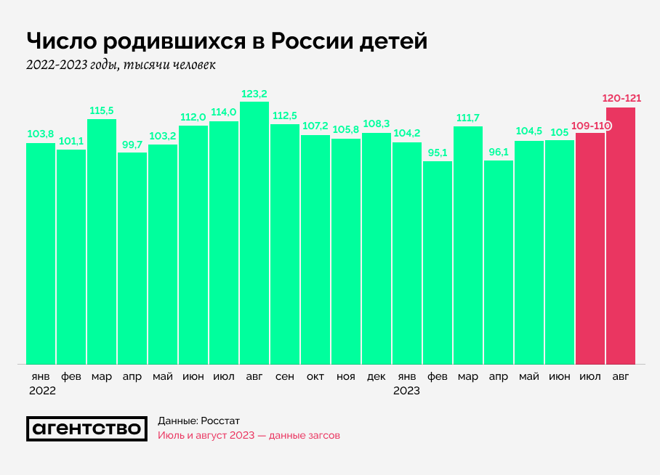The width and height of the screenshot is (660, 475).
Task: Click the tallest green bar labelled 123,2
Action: [254, 232]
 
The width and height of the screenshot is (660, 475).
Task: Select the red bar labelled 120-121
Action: [621, 236]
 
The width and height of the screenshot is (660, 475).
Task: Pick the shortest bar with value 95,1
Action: [438, 261]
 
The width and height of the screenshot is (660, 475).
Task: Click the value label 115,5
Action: [102, 110]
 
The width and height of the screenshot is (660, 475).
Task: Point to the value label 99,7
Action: [132, 145]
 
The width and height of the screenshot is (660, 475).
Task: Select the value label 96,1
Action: [499, 153]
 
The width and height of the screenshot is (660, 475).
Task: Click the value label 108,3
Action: [377, 124]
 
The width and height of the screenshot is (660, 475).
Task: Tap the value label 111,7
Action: [468, 118]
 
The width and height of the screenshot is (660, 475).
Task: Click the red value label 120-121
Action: [621, 98]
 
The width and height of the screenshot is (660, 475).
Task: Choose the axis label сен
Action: [285, 376]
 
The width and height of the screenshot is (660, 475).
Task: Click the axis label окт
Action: [315, 376]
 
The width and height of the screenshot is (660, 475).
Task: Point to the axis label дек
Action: [377, 376]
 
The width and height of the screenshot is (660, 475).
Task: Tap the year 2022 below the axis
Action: [41, 390]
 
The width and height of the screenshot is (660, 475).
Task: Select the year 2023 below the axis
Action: [407, 390]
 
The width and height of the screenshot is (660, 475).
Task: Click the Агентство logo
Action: [85, 429]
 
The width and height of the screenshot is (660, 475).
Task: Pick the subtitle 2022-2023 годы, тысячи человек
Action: [121, 65]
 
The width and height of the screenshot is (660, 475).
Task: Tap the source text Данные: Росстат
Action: [198, 421]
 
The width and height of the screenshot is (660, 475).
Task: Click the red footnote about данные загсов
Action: [249, 436]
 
